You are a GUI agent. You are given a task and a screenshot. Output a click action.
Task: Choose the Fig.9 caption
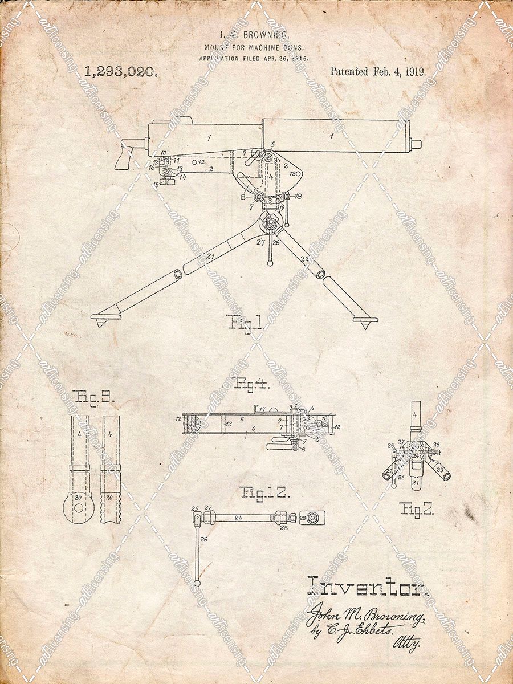(x=93, y=397)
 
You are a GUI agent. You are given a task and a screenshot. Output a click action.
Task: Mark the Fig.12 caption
(x=260, y=493)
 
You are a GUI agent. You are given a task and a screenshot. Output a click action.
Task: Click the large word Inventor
(x=367, y=587)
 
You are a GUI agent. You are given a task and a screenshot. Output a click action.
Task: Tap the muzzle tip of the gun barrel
(x=417, y=143)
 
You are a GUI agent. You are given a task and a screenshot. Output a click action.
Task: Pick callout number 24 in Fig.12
(x=239, y=518)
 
